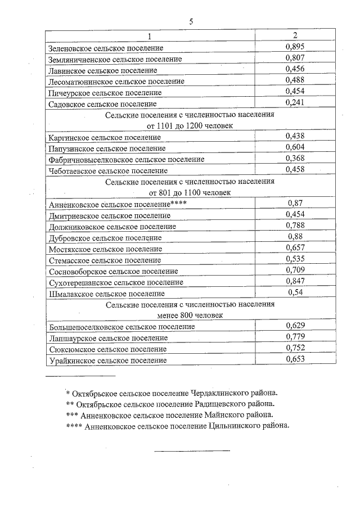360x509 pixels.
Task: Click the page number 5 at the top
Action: (191, 22)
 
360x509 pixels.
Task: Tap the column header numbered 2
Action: (295, 36)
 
